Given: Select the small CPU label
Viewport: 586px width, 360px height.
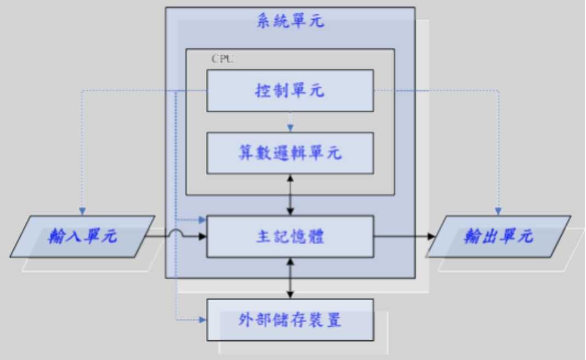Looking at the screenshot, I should click(x=222, y=59).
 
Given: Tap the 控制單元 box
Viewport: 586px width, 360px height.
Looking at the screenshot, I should click(x=290, y=91).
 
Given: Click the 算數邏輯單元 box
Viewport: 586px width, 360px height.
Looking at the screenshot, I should click(x=290, y=153).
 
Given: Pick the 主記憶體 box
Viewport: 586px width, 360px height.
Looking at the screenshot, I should click(x=290, y=237).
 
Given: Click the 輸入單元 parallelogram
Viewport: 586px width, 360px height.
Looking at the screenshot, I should click(x=82, y=237).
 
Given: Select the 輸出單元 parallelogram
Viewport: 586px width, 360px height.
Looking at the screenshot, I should click(x=498, y=237).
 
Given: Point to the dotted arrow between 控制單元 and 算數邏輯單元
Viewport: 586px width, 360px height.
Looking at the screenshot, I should click(x=290, y=122).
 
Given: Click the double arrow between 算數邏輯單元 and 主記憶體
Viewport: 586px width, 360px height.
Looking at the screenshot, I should click(x=290, y=195).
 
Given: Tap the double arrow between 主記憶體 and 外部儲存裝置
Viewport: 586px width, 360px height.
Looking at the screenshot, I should click(x=290, y=278).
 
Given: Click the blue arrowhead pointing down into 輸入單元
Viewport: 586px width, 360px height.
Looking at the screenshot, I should click(x=82, y=211).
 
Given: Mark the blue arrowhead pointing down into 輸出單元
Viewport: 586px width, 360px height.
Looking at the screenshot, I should click(x=498, y=211).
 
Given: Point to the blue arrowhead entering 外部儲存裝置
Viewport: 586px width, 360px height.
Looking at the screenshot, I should click(x=202, y=319).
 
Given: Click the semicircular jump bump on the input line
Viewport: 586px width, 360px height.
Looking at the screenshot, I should click(x=176, y=234).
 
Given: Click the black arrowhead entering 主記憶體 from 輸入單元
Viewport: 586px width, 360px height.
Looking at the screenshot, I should click(x=202, y=237).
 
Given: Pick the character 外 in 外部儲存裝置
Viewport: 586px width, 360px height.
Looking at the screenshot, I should click(x=246, y=319).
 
